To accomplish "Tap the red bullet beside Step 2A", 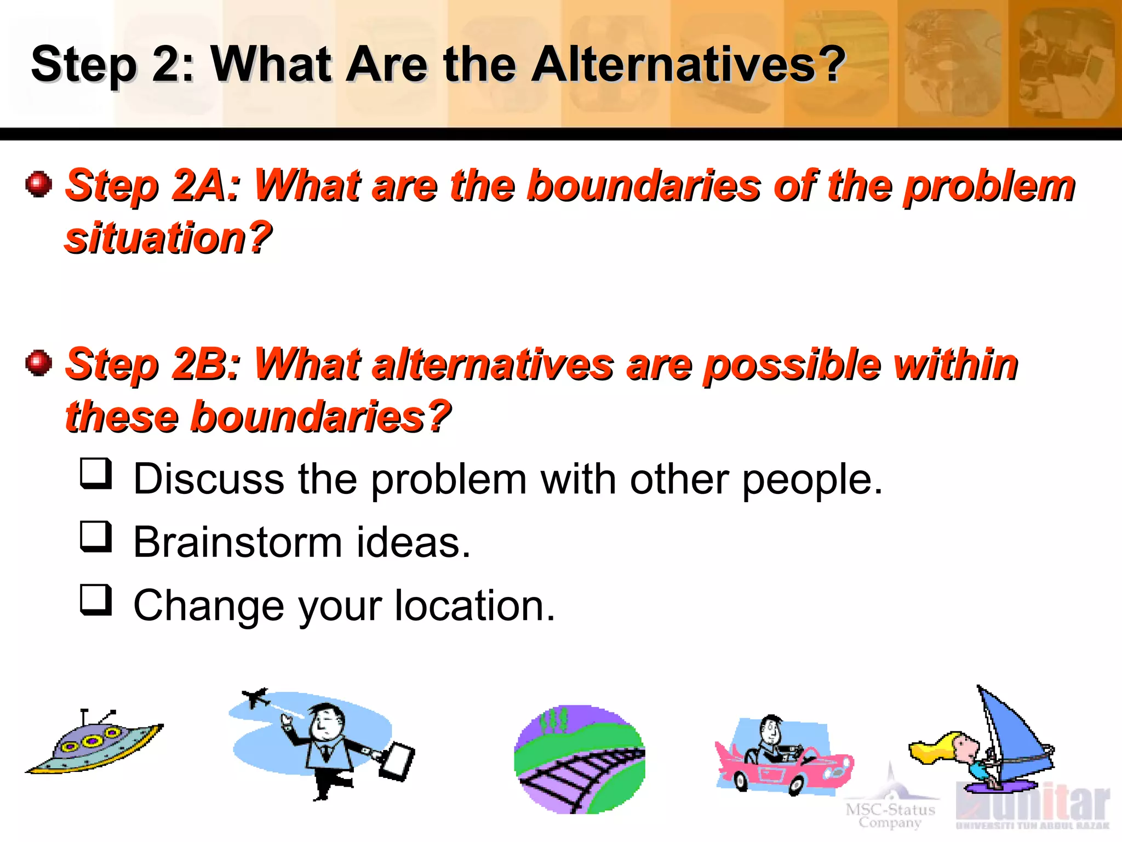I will pos(38,184).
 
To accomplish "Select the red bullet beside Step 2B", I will pos(38,363).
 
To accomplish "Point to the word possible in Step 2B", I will pos(792,365).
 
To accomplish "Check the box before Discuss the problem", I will pos(96,473).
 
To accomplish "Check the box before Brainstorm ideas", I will pos(96,536).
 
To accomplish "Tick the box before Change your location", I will pos(96,599).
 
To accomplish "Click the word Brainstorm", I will pos(237,543).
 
